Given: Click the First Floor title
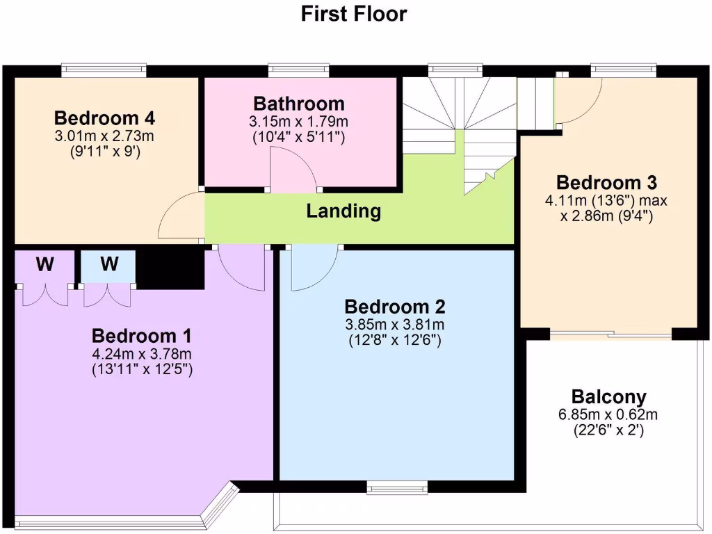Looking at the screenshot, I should (x=354, y=14).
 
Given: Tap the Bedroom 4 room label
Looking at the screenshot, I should (x=104, y=117).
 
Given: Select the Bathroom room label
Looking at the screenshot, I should (x=298, y=104).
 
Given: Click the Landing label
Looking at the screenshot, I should (x=343, y=211).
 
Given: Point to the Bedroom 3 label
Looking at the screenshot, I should (x=606, y=183).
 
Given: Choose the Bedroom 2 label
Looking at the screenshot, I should (x=395, y=307).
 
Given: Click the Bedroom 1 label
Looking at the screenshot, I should (x=142, y=336).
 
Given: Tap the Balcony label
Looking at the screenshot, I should (x=608, y=397).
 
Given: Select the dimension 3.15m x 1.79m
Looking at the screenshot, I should (x=298, y=122).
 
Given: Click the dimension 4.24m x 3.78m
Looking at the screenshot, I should (x=142, y=354).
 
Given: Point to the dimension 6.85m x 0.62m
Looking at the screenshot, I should (x=608, y=415).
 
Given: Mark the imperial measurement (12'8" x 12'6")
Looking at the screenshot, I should (x=395, y=341).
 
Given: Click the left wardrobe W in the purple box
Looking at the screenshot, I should (x=45, y=265).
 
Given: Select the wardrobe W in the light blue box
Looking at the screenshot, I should (x=108, y=265).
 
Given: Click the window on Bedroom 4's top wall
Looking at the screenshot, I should (x=104, y=69).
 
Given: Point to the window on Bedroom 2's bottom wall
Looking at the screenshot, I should (x=398, y=485).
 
